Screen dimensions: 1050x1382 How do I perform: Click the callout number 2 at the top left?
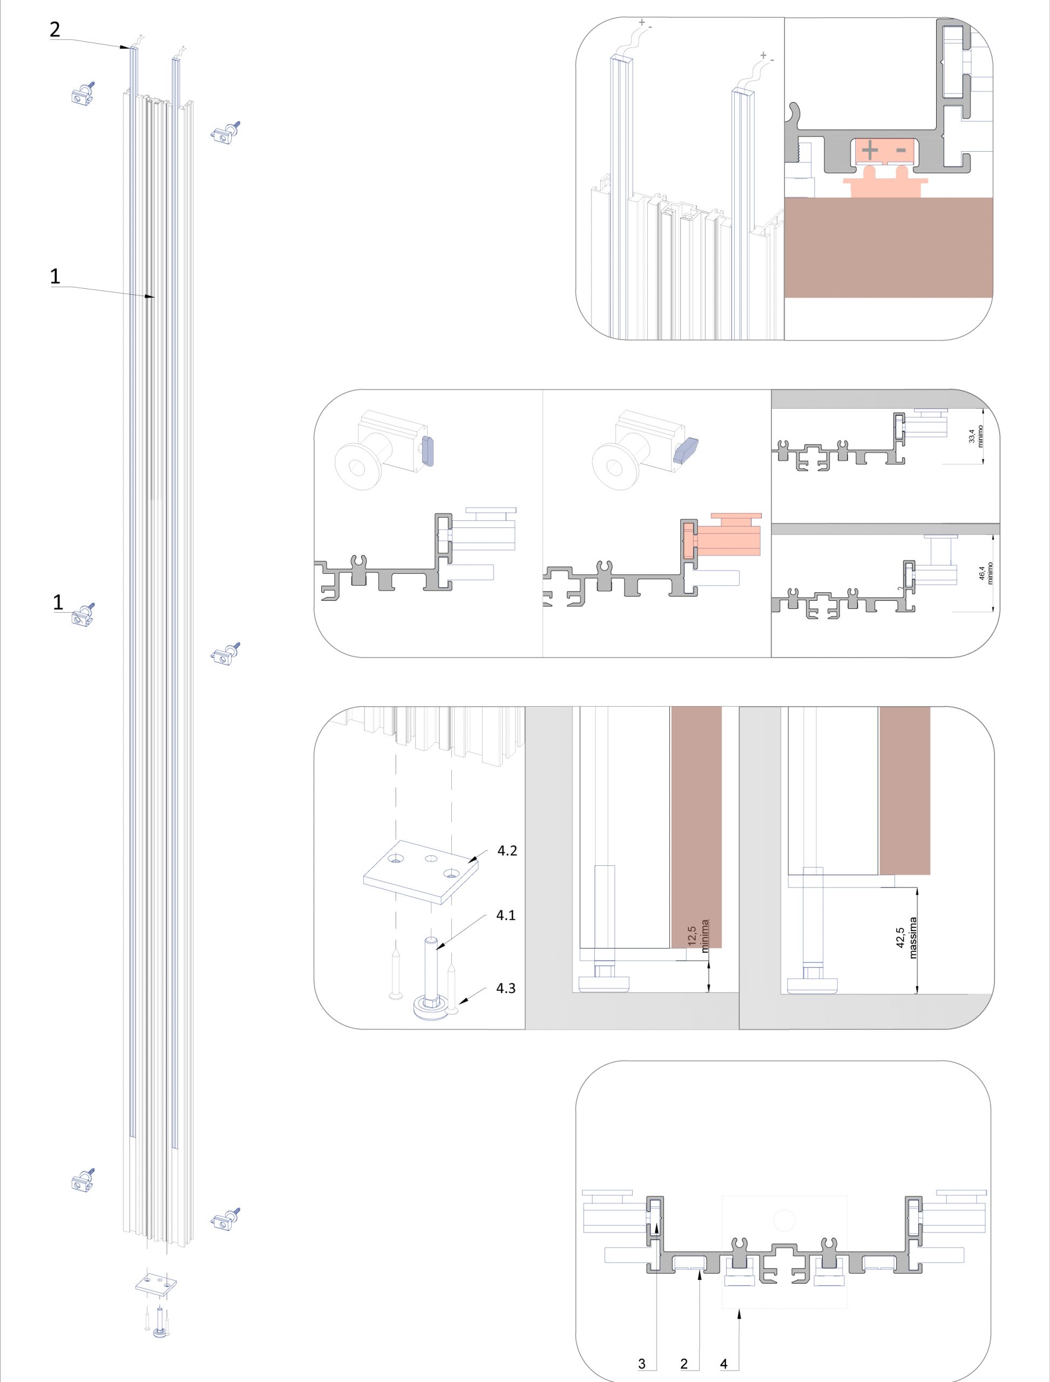[x=55, y=29]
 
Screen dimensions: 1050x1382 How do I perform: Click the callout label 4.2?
[x=507, y=851]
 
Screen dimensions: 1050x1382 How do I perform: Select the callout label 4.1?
[x=506, y=915]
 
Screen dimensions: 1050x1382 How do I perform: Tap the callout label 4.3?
[x=506, y=988]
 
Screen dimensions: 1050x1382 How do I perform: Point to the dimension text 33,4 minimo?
[x=976, y=435]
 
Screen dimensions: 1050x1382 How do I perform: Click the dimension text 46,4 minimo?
[x=986, y=574]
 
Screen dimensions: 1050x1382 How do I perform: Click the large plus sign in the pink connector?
[x=870, y=151]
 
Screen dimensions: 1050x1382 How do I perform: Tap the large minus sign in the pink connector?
[x=900, y=151]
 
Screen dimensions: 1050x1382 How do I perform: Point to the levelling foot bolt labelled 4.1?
[x=430, y=977]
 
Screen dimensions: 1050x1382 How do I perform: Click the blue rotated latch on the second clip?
[x=688, y=450]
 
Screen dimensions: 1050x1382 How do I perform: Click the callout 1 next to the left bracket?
[x=58, y=602]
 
